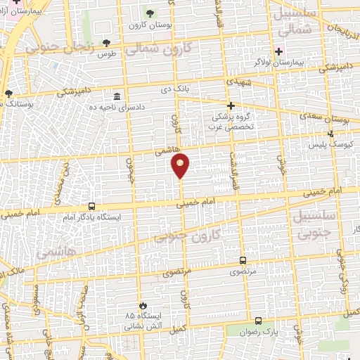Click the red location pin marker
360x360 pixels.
181,165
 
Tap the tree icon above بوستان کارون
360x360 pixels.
149,13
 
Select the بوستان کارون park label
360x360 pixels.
146,26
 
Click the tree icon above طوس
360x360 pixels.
106,42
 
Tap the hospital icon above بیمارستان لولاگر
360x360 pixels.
279,51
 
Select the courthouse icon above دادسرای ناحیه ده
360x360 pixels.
117,96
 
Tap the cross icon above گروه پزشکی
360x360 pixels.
231,105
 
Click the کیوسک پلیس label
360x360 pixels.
330,145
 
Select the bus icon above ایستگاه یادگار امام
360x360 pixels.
91,206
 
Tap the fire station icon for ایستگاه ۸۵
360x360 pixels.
143,304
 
